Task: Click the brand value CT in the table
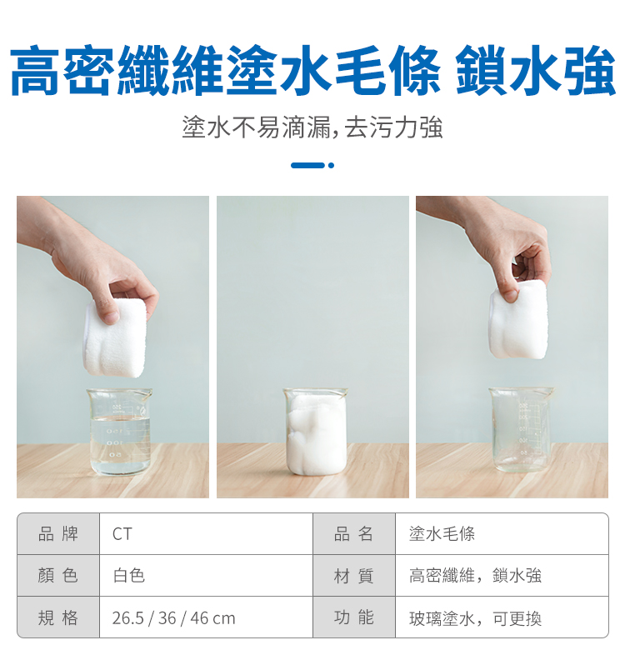[x=122, y=534]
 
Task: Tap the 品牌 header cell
[x=58, y=534]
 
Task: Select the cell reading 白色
[x=128, y=576]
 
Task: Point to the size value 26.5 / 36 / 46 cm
[x=174, y=617]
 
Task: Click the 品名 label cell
[x=354, y=534]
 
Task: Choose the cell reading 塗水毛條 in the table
[x=442, y=534]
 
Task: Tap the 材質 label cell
[x=354, y=576]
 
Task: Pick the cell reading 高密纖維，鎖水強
[x=475, y=576]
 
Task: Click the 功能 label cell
[x=354, y=617]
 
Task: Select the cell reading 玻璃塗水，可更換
[x=475, y=618]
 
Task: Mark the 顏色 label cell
[x=58, y=576]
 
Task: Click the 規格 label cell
[x=58, y=617]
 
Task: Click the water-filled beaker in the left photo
[x=119, y=432]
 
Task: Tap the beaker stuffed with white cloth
[x=315, y=432]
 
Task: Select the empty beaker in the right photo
[x=521, y=429]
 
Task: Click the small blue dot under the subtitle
[x=332, y=166]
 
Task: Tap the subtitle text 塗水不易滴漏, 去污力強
[x=312, y=127]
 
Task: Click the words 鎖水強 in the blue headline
[x=536, y=70]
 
